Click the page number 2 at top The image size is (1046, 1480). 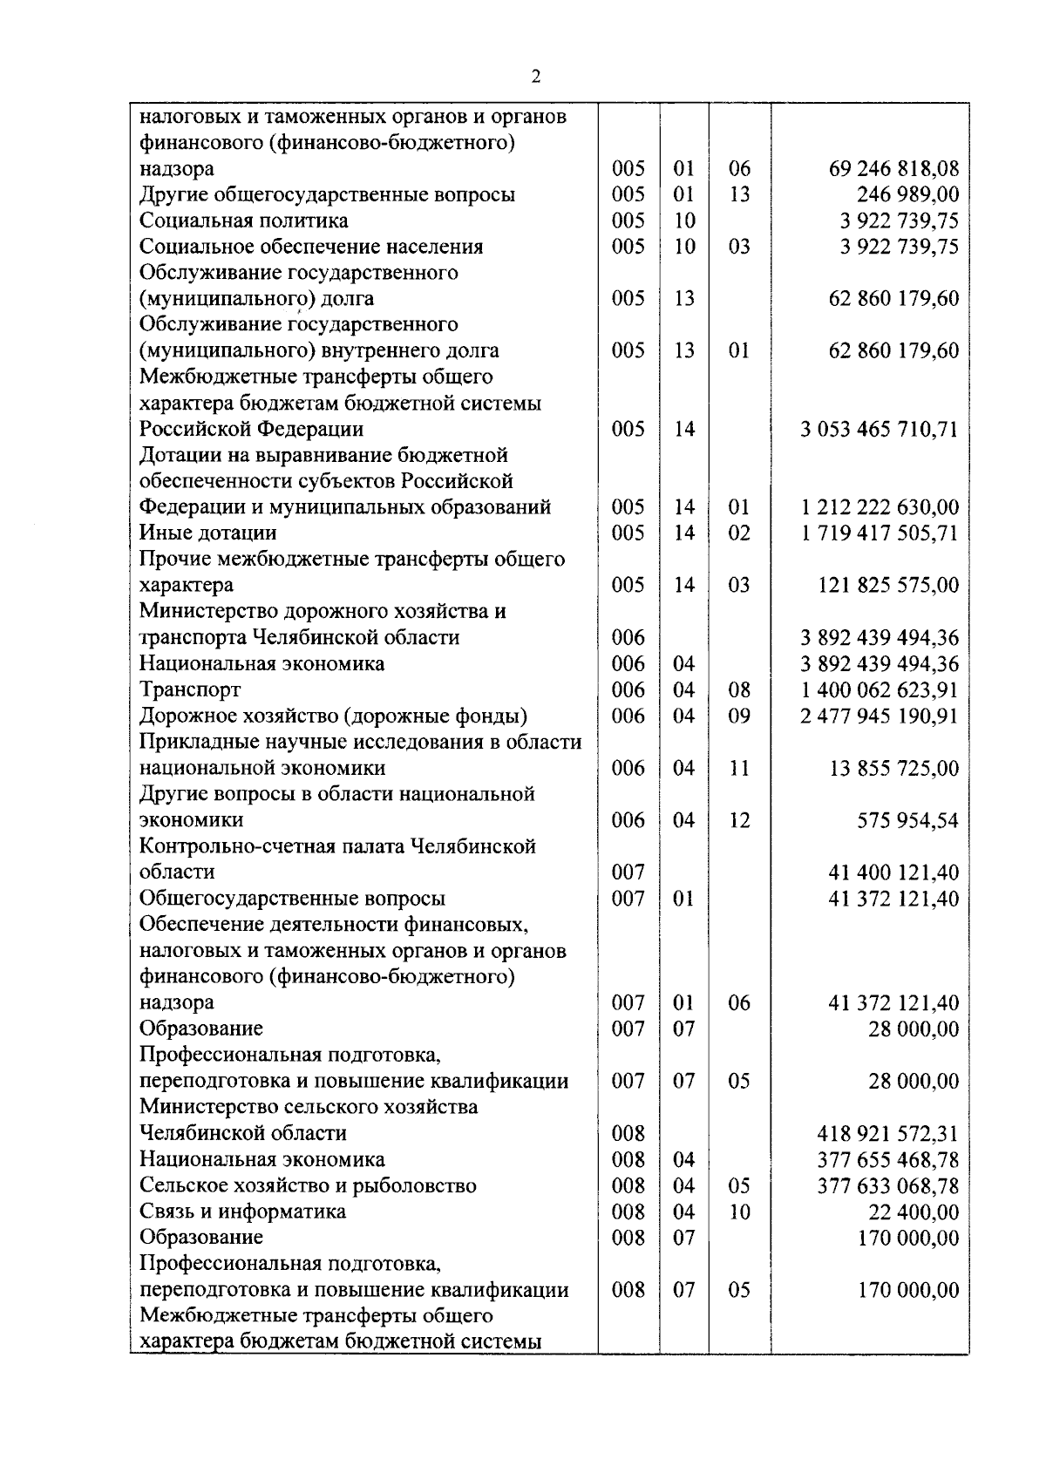click(535, 78)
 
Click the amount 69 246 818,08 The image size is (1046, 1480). click(893, 168)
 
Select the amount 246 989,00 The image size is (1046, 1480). click(907, 194)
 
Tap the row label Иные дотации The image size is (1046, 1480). click(208, 533)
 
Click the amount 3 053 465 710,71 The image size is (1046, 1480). click(879, 429)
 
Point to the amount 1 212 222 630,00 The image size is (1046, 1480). click(879, 507)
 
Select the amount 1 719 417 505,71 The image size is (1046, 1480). click(879, 533)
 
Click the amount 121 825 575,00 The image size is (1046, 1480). click(887, 585)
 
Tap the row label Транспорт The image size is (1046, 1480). click(190, 689)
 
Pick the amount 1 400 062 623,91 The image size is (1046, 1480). click(879, 689)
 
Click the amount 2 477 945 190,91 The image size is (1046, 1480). click(879, 716)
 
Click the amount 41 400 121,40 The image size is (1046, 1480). click(893, 872)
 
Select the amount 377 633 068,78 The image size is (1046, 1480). click(887, 1185)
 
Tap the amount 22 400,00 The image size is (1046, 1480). click(913, 1212)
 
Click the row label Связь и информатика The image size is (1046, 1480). click(242, 1212)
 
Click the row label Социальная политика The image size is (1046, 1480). click(243, 221)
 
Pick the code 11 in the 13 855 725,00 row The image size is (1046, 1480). click(738, 768)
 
